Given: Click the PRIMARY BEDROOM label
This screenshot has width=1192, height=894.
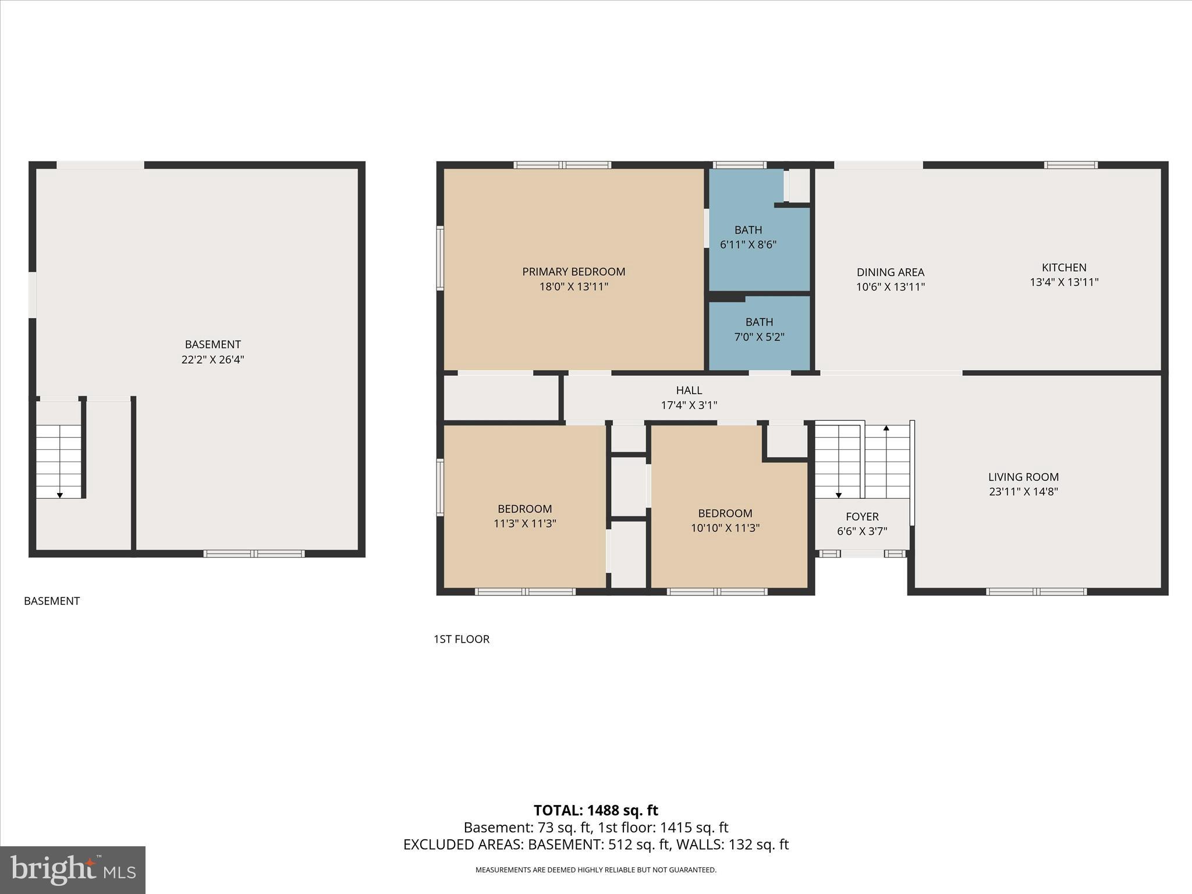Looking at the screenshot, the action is pyautogui.click(x=573, y=272).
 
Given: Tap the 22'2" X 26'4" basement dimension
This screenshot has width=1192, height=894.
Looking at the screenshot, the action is pyautogui.click(x=212, y=360).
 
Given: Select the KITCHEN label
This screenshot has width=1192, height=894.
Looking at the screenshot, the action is pyautogui.click(x=1064, y=268).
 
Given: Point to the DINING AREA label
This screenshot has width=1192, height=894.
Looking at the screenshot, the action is pyautogui.click(x=891, y=272).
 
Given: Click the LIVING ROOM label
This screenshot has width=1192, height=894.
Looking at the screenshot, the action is pyautogui.click(x=1023, y=477).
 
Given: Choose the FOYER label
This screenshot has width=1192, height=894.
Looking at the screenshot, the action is pyautogui.click(x=862, y=517).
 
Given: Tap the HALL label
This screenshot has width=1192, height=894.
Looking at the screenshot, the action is pyautogui.click(x=689, y=391).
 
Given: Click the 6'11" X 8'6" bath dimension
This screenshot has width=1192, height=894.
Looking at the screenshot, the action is pyautogui.click(x=748, y=245).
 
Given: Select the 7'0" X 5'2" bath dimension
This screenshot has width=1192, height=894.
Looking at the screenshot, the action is pyautogui.click(x=760, y=337).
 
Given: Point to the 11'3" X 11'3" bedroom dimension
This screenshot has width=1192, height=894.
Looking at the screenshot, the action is pyautogui.click(x=525, y=524).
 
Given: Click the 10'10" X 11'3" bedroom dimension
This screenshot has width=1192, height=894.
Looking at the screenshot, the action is pyautogui.click(x=725, y=528).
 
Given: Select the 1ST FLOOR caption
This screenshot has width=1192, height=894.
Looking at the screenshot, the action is pyautogui.click(x=462, y=639).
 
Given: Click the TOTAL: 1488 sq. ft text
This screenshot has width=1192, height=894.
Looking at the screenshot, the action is pyautogui.click(x=596, y=810).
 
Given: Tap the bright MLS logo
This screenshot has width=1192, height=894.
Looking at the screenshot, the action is pyautogui.click(x=73, y=870).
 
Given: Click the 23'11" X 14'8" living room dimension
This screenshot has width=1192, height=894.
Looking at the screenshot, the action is pyautogui.click(x=1023, y=492).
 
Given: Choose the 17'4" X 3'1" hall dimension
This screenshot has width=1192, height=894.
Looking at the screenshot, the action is pyautogui.click(x=689, y=406).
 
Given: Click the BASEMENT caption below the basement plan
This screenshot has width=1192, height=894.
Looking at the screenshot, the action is pyautogui.click(x=52, y=601).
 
